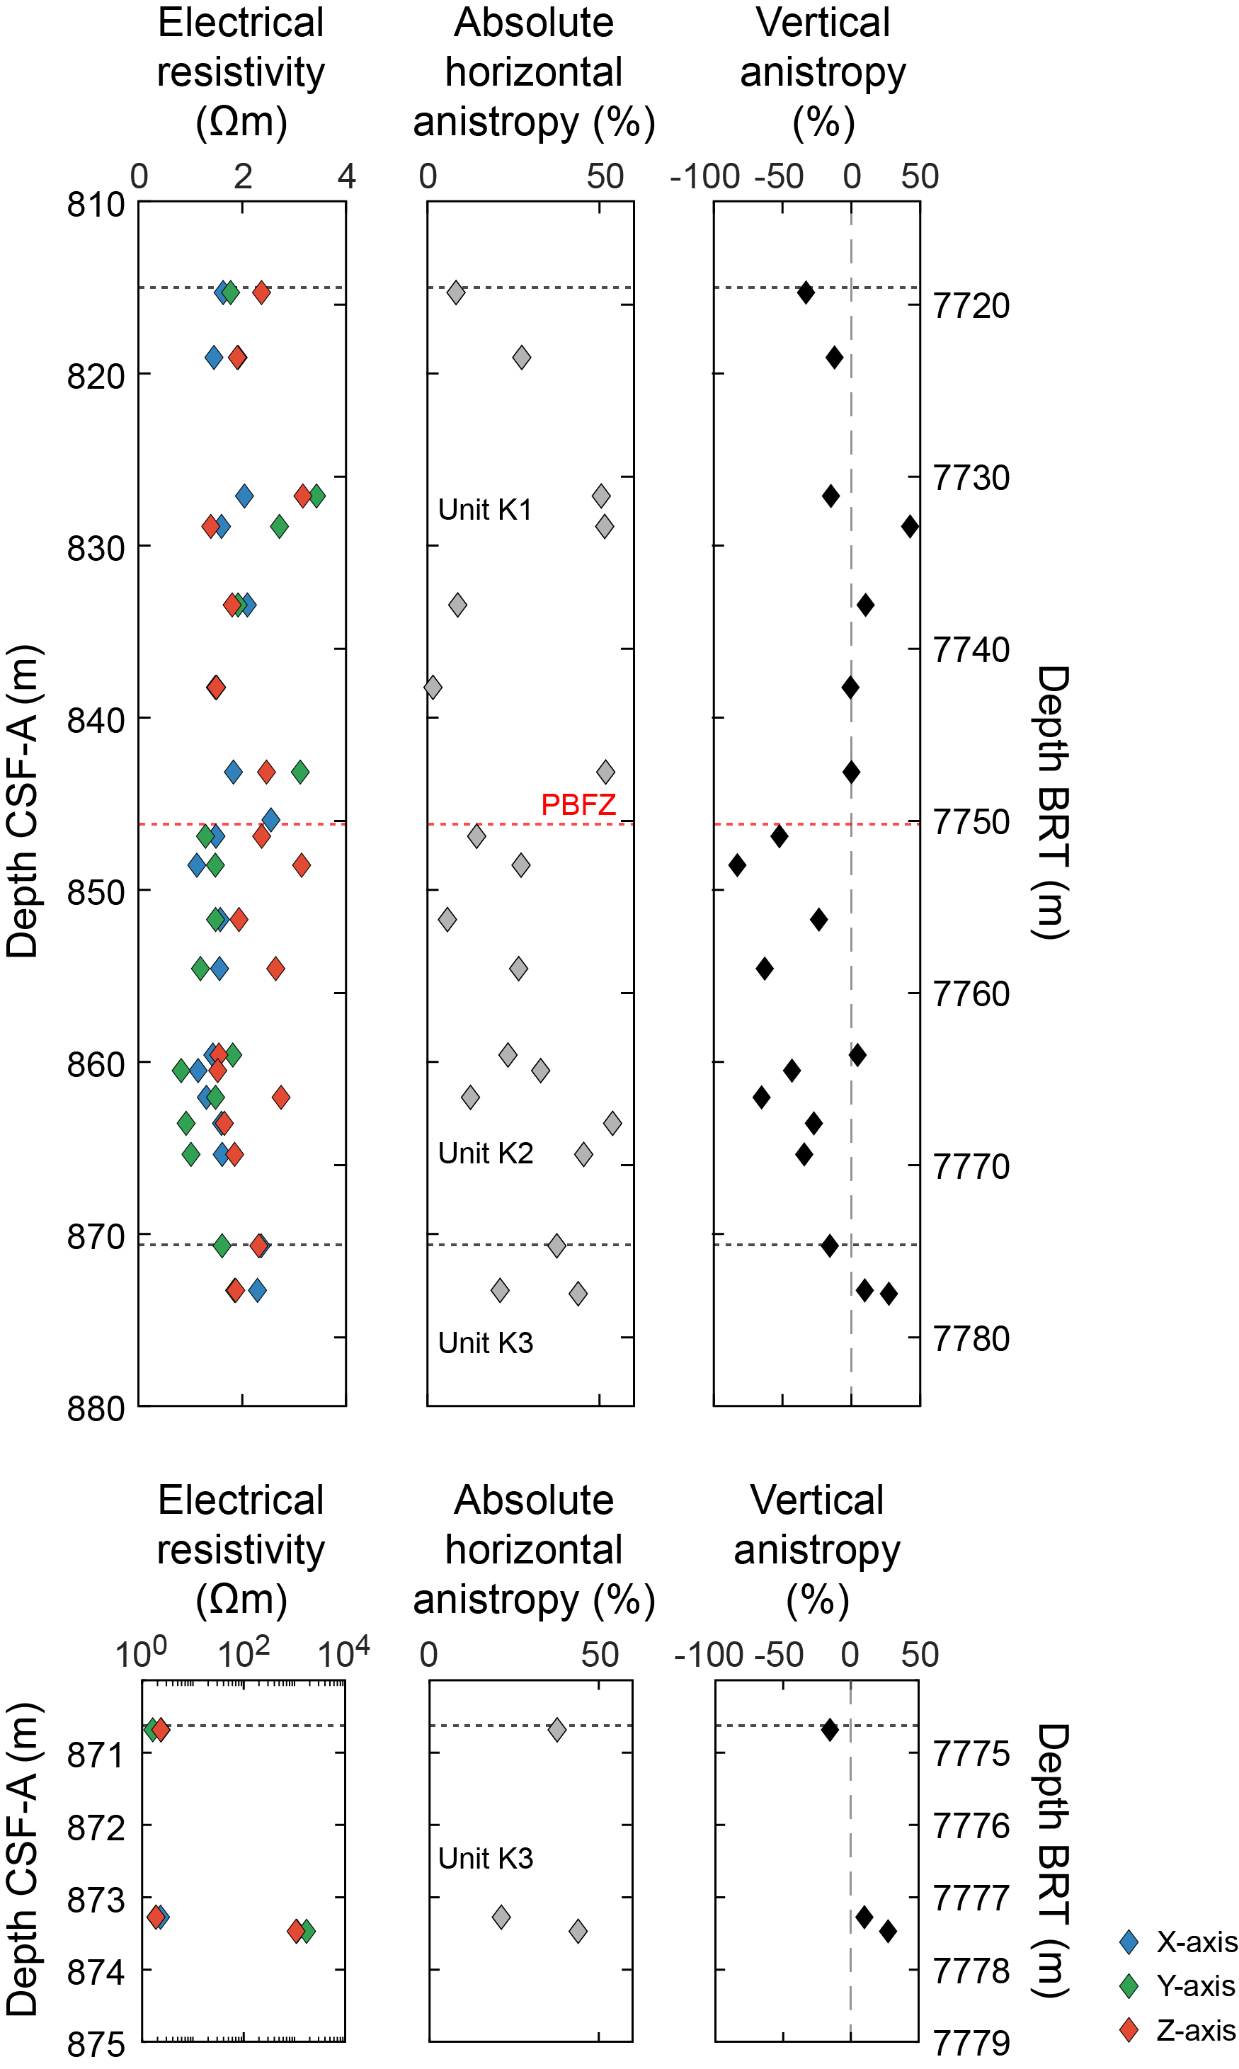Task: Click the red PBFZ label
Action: coord(578,805)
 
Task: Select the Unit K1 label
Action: coord(485,509)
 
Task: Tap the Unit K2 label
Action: coord(485,1153)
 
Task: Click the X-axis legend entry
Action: coord(1195,1942)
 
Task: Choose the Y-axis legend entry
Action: coord(1195,1985)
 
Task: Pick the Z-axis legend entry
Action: coord(1195,2030)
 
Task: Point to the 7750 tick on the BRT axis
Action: coord(971,822)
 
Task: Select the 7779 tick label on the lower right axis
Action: coord(971,2043)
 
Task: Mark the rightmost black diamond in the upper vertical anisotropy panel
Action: coord(910,526)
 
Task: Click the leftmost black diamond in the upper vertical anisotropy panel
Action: coord(736,865)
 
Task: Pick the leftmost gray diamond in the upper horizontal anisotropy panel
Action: coord(433,687)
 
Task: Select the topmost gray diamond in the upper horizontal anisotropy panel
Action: coord(455,292)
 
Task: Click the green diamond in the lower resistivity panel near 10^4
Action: coord(307,1930)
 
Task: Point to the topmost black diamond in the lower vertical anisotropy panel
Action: coord(829,1730)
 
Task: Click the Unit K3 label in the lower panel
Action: coord(485,1859)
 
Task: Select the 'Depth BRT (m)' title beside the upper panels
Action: coord(1053,802)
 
